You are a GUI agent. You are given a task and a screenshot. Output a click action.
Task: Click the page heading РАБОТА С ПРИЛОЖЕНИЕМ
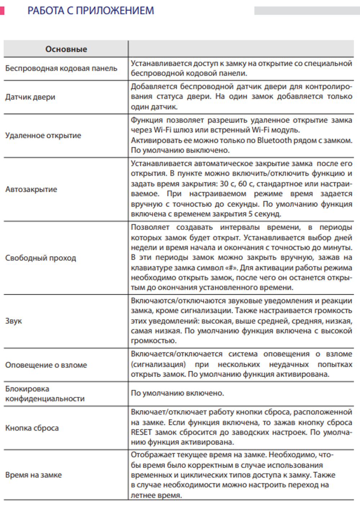[x=90, y=11]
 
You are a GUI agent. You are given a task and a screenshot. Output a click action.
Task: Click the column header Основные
[x=66, y=49]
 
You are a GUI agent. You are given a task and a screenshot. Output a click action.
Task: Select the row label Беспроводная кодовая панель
[x=61, y=68]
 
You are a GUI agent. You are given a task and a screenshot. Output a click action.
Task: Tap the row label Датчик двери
[x=30, y=97]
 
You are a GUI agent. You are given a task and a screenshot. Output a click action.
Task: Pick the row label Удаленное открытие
[x=43, y=136]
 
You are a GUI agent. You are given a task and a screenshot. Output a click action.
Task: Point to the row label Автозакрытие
[x=31, y=189]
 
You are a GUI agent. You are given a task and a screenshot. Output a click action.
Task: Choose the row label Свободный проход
[x=41, y=258]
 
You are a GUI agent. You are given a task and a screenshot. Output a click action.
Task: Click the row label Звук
[x=14, y=321]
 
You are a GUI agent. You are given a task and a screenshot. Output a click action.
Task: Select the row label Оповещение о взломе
[x=46, y=365]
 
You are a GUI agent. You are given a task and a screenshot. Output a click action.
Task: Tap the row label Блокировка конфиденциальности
[x=45, y=394]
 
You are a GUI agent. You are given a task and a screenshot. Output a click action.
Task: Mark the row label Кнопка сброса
[x=32, y=428]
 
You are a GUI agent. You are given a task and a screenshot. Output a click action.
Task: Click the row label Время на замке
[x=33, y=475]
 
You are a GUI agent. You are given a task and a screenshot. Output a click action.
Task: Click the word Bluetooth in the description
[x=274, y=140]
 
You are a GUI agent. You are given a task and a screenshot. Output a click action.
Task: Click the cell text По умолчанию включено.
[x=177, y=393]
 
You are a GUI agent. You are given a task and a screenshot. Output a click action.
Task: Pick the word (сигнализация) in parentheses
[x=158, y=364]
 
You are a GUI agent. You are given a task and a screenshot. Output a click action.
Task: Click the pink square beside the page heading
[x=2, y=10]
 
